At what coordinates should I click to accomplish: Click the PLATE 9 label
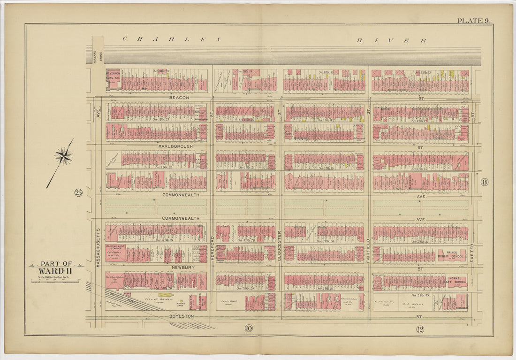tap(474, 20)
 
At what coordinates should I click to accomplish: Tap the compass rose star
tap(63, 155)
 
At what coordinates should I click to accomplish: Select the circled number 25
tap(78, 192)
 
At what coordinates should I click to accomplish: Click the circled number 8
tap(484, 182)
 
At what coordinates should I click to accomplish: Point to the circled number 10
tap(248, 329)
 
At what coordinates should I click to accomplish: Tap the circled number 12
tap(420, 329)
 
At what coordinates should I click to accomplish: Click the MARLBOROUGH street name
tap(176, 146)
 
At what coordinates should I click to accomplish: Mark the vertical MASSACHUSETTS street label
tap(99, 247)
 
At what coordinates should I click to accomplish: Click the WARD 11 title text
tap(56, 271)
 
